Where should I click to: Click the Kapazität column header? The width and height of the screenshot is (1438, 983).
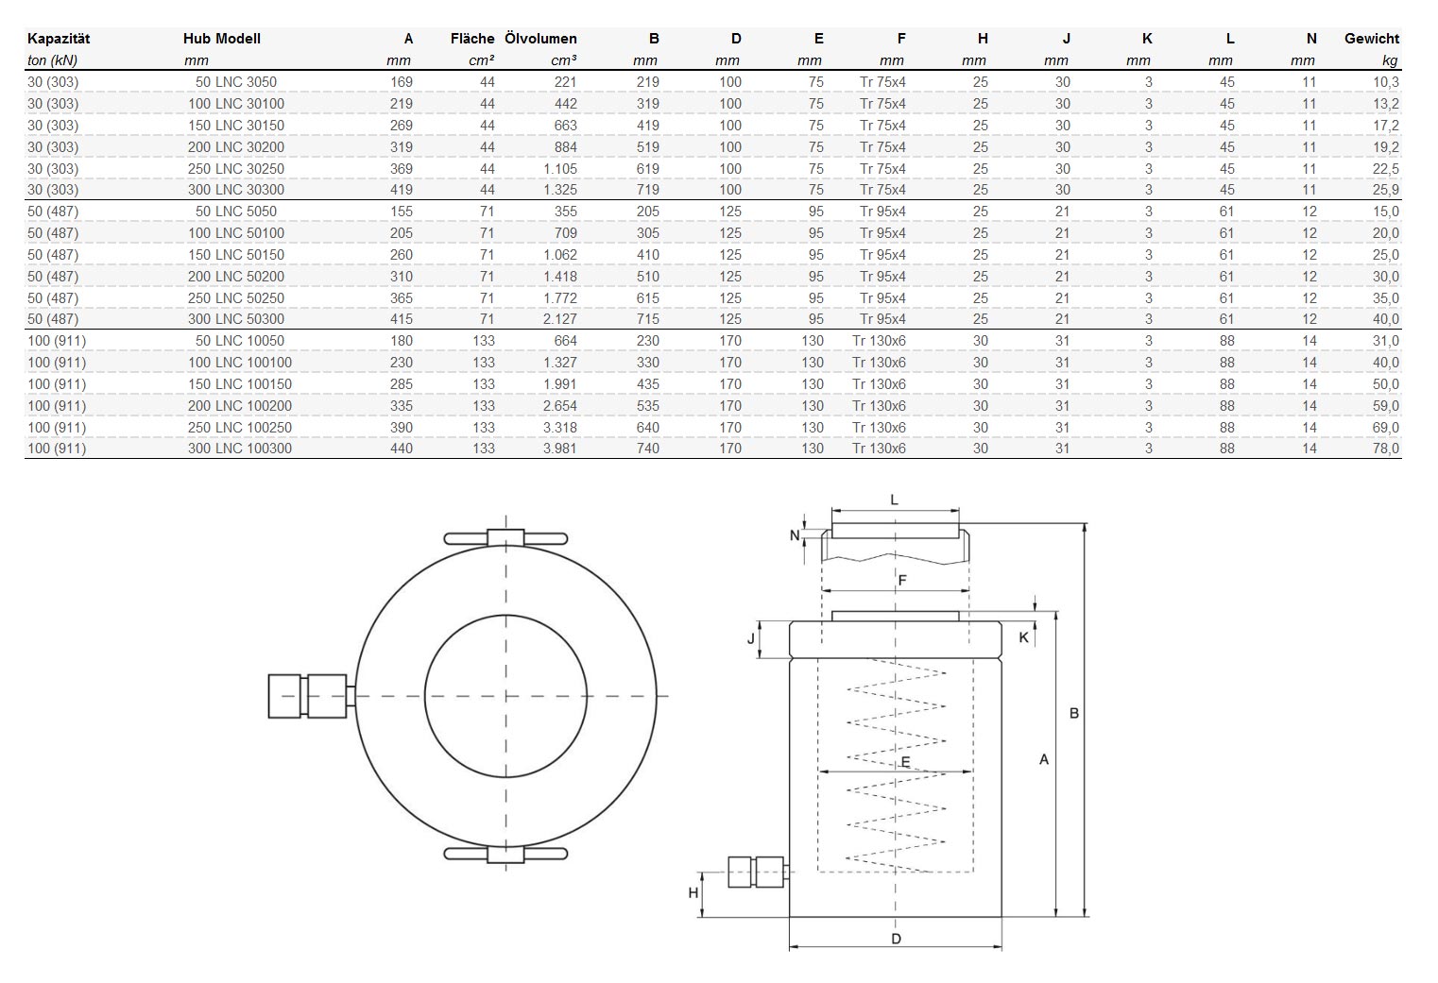click(x=59, y=39)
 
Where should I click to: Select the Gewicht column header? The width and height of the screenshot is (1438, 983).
click(x=1371, y=39)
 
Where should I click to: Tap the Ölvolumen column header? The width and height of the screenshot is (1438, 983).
click(x=540, y=39)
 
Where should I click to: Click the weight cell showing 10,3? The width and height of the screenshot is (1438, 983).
click(x=1385, y=82)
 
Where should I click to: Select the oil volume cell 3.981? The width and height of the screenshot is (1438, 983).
click(x=559, y=449)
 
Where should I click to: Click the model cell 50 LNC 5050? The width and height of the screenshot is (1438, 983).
click(x=236, y=212)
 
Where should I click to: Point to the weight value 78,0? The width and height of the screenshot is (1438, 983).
click(x=1385, y=449)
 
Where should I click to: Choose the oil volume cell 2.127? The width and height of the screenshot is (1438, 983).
click(x=559, y=319)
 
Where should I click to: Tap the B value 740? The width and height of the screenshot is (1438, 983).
click(x=647, y=449)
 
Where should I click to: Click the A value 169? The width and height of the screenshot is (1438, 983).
click(x=402, y=82)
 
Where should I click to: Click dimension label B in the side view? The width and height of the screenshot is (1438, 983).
click(x=1073, y=714)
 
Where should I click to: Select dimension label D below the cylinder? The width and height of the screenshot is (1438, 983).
click(x=896, y=939)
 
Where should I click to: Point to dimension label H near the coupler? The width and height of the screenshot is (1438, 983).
click(x=693, y=892)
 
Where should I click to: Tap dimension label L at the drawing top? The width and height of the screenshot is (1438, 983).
click(x=895, y=500)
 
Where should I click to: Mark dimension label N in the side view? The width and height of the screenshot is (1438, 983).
click(x=795, y=535)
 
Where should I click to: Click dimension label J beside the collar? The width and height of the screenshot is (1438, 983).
click(x=752, y=638)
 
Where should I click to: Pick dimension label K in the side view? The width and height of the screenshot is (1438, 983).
click(x=1023, y=637)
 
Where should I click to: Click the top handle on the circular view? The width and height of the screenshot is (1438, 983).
click(x=505, y=538)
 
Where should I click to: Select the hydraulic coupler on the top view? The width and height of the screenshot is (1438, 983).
click(x=308, y=696)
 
